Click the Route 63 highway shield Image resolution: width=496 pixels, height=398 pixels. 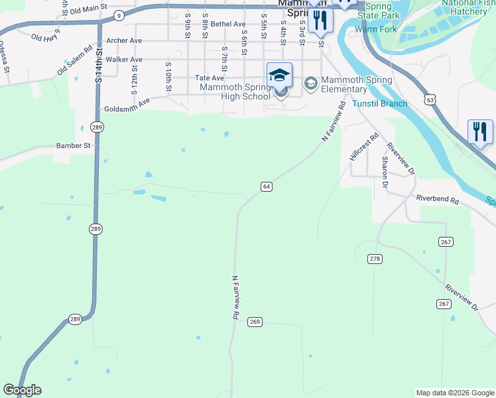click(x=432, y=99)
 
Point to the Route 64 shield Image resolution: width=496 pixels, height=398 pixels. click(x=266, y=186)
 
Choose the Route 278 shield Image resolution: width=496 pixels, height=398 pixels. click(x=375, y=258)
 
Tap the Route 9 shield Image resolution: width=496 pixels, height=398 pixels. click(x=118, y=15)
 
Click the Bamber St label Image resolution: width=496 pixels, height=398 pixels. click(x=73, y=145)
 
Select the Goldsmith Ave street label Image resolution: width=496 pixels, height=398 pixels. click(x=127, y=105)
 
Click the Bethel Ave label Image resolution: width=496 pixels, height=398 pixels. click(x=229, y=24)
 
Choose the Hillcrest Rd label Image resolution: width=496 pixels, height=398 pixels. click(x=364, y=147)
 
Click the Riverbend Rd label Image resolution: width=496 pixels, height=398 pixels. click(x=437, y=198)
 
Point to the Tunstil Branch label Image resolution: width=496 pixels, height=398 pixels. click(x=380, y=103)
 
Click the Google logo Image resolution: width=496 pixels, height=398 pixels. click(x=22, y=390)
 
